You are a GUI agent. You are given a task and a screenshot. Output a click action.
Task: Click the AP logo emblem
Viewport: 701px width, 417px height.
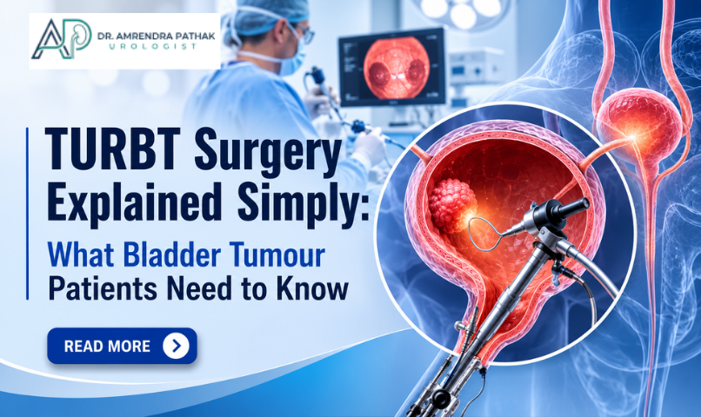pyautogui.click(x=61, y=39)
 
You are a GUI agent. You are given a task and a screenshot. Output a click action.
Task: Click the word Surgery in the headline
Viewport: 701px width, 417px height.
pyautogui.click(x=268, y=152)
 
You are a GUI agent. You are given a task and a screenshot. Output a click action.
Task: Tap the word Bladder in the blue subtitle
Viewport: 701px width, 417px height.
pyautogui.click(x=171, y=255)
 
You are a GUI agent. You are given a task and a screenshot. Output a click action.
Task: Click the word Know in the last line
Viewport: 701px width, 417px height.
pyautogui.click(x=312, y=288)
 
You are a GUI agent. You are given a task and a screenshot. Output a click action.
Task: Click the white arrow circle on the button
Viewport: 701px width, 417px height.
pyautogui.click(x=177, y=346)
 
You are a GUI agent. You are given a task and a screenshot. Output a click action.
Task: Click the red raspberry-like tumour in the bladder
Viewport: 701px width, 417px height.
pyautogui.click(x=452, y=205)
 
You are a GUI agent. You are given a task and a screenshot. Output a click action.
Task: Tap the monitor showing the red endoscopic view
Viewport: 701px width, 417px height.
pyautogui.click(x=392, y=67)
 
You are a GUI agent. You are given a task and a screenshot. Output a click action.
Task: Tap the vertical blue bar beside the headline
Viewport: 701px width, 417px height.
pyautogui.click(x=27, y=214)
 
